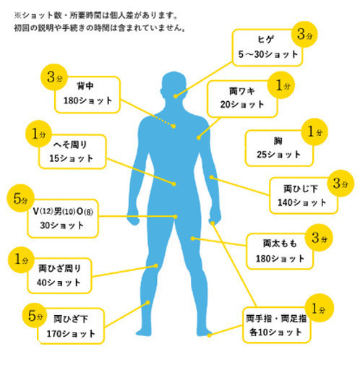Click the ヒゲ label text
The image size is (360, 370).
tap(266, 40)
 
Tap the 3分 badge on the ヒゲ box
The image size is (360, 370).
tap(304, 35)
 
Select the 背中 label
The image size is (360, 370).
tap(85, 86)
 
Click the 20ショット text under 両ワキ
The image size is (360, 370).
tap(242, 105)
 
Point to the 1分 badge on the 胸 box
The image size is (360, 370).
tap(314, 132)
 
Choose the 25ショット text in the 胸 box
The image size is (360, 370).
tap(279, 155)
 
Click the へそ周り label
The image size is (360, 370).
tap(70, 145)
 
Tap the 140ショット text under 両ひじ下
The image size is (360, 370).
tap(302, 202)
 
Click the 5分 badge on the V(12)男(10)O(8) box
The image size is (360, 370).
tap(20, 198)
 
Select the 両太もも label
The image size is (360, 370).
tap(280, 244)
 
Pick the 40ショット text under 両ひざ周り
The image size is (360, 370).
tap(59, 283)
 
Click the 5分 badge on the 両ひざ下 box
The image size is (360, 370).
tap(35, 316)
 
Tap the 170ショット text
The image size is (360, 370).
tap(71, 334)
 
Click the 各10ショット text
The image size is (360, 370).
tap(275, 332)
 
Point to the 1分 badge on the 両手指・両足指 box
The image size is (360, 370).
tap(319, 308)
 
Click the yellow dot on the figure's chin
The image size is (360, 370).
tap(176, 96)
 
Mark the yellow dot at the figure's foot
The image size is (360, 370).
tap(210, 335)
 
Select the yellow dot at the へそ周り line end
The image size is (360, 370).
tap(174, 184)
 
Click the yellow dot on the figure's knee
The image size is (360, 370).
tap(156, 266)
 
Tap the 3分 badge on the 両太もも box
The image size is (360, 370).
tap(319, 238)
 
